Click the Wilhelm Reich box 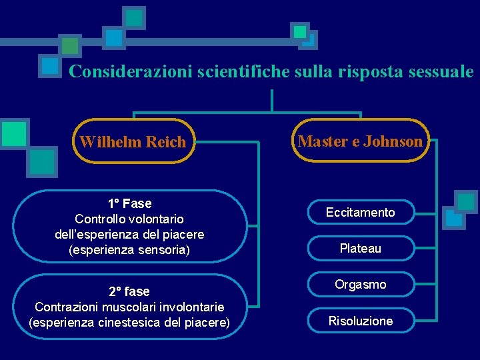(133, 141)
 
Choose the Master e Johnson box (360, 141)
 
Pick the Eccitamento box (360, 213)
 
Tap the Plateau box (360, 249)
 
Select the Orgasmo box (360, 285)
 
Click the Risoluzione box (360, 321)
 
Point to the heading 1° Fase (129, 203)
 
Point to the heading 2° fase (129, 291)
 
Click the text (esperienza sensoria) (129, 251)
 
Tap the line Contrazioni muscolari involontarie (129, 307)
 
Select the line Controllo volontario (129, 219)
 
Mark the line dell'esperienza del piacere (129, 235)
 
